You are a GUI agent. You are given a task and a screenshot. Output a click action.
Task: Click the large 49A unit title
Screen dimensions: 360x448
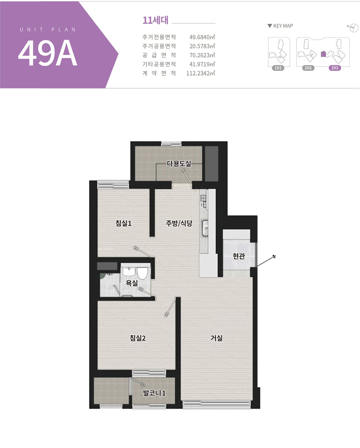48,53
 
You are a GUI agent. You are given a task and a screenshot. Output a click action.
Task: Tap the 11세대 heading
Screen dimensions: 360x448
155,20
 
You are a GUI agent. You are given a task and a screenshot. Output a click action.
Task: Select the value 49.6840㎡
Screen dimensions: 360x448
202,37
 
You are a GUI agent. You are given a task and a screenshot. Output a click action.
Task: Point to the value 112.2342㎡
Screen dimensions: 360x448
200,73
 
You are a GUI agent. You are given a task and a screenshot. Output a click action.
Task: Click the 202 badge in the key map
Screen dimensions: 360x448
335,68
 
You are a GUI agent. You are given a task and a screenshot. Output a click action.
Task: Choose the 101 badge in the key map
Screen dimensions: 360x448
278,68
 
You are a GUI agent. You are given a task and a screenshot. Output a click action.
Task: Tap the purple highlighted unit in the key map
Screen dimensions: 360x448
323,54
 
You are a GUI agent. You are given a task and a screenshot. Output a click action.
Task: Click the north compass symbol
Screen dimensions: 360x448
353,28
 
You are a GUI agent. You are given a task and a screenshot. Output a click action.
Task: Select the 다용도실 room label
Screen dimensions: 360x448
179,164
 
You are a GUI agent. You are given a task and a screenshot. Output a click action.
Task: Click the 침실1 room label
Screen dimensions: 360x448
124,223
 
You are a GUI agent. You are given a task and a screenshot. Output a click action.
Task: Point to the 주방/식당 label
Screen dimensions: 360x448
179,223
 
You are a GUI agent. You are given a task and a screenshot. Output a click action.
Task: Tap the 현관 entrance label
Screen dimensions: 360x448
239,256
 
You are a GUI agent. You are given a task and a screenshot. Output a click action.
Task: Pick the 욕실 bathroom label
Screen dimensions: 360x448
132,283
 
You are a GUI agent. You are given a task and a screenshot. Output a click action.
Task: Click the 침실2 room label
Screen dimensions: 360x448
138,338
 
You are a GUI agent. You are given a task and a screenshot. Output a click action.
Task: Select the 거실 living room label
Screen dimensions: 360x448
217,338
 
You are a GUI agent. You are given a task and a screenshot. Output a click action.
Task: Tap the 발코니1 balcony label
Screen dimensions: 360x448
154,393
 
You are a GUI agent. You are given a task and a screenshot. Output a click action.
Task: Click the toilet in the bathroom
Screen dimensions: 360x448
142,273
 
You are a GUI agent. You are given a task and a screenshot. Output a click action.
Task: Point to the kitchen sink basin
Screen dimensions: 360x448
205,228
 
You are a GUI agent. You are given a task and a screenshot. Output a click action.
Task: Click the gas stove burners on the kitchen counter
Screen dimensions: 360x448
203,201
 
